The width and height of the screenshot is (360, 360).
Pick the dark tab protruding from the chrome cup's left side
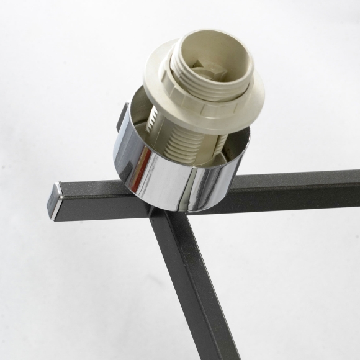122,116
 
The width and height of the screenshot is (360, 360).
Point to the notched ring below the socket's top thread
205,96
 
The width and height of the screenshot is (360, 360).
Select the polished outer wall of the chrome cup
180,183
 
